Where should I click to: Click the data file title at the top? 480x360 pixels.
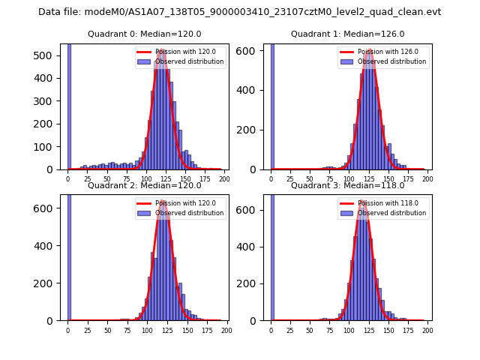click(239, 12)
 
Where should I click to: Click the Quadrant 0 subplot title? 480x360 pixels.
click(144, 34)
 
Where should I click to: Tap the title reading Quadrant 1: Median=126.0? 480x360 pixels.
click(347, 34)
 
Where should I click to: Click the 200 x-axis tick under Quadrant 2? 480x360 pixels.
click(226, 330)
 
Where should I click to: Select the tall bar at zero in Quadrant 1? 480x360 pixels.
click(272, 105)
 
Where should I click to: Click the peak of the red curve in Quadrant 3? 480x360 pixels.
click(363, 201)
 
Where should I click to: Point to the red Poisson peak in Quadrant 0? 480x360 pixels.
click(161, 50)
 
